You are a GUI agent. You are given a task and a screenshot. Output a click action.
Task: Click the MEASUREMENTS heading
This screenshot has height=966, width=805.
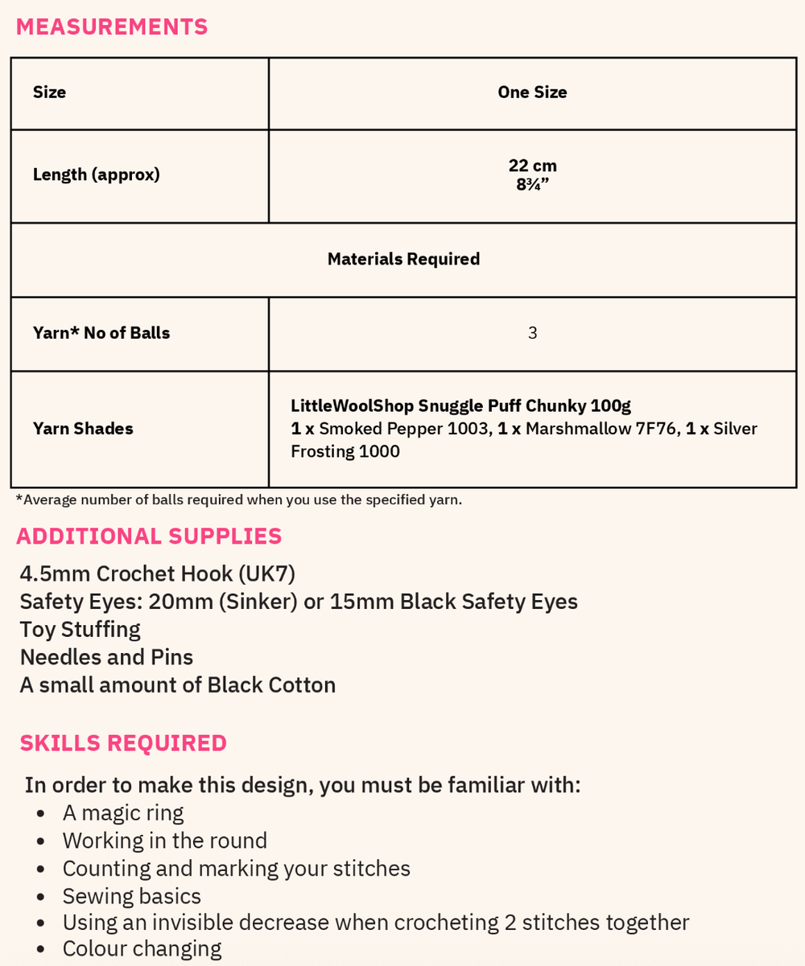coord(112,27)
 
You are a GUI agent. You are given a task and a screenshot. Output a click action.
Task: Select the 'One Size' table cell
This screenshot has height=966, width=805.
coord(532,92)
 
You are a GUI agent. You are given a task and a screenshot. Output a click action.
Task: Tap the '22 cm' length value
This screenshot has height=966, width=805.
coord(532,166)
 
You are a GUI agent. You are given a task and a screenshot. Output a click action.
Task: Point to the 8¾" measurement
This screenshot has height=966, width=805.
coord(532,183)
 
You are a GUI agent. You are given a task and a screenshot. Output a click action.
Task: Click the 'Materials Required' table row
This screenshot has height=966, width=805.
coord(403,259)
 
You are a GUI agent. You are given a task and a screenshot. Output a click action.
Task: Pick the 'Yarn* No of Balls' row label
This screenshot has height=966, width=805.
coord(101,333)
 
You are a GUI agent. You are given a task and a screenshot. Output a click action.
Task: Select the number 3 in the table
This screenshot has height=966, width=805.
coord(532,333)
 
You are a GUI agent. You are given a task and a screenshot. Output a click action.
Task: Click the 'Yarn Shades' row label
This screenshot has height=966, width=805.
coord(83,429)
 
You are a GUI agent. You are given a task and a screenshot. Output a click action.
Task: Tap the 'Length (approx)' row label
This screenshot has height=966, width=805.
coord(97,175)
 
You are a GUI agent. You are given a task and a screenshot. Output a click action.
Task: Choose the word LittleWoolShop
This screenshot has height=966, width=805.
coord(352,406)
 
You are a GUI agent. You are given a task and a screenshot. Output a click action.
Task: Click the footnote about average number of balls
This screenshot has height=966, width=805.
coord(239,499)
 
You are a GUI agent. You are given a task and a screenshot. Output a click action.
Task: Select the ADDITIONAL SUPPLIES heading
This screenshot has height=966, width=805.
coord(149,536)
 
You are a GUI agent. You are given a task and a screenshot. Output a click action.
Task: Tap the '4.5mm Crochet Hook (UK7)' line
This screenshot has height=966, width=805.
coord(158,574)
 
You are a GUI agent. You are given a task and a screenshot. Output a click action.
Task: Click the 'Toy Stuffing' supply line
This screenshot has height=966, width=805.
coord(80,630)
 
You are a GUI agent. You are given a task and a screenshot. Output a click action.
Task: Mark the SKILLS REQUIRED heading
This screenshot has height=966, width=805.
coord(123,743)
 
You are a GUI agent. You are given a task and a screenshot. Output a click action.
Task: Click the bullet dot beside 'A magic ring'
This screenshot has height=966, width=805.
coord(40,814)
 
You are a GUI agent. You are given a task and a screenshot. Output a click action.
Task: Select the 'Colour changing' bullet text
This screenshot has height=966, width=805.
coord(142,949)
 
